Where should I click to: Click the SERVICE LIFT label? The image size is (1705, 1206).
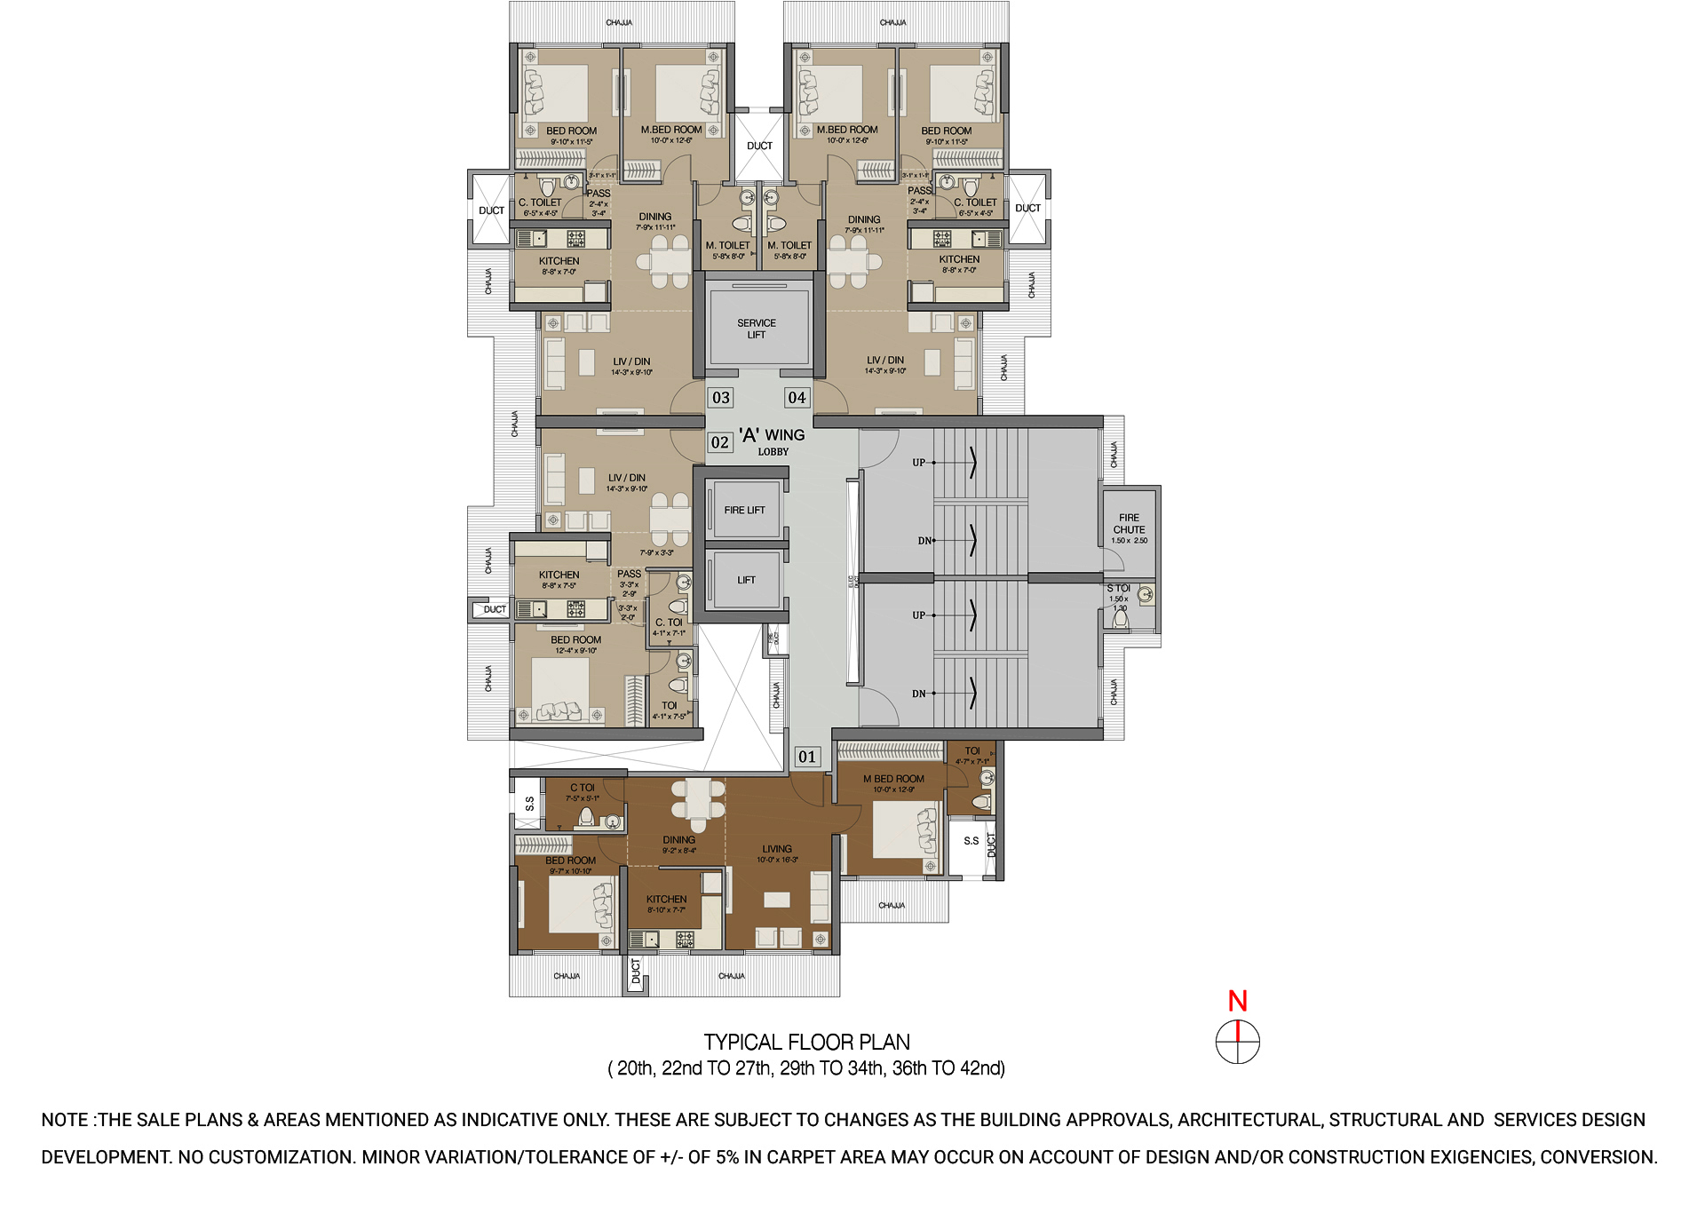757,329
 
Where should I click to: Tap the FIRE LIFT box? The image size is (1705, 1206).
744,511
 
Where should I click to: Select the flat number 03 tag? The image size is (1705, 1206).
721,398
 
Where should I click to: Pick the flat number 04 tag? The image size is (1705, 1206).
797,398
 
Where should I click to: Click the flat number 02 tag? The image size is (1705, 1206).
720,442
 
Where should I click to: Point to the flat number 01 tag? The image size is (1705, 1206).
806,757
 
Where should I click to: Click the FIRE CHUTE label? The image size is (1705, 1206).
1129,524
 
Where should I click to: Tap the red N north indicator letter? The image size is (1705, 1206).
1237,1002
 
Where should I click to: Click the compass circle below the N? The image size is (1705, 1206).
1237,1043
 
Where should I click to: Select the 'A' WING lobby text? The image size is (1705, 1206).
772,435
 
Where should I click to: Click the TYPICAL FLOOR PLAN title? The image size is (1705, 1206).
806,1043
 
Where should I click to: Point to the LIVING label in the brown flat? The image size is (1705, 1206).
777,849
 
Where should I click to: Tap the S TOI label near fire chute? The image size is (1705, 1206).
1118,589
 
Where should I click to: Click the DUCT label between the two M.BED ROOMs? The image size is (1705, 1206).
759,146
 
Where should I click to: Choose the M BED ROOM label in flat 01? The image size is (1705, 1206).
893,779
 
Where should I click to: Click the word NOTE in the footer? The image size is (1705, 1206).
65,1121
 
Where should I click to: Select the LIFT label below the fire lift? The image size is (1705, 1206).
746,580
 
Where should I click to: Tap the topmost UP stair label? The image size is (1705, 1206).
918,463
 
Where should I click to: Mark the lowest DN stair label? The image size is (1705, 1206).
918,694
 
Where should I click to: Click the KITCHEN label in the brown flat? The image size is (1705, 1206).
666,900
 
